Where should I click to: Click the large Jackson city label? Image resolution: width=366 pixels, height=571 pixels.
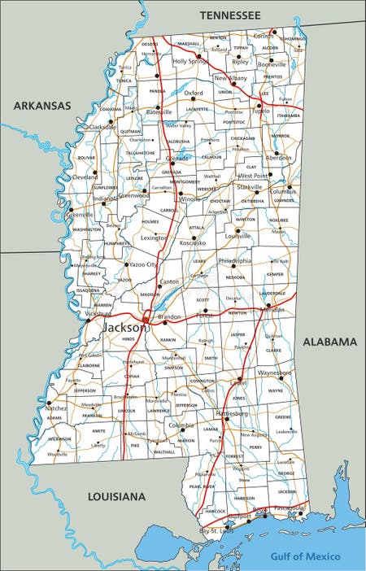point(125,327)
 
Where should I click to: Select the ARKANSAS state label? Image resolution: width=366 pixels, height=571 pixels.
point(41,106)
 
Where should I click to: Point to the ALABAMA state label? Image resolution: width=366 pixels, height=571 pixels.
point(329,342)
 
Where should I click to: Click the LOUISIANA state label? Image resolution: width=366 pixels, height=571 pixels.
point(116,496)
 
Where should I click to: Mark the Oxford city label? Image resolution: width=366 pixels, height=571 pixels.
point(194,94)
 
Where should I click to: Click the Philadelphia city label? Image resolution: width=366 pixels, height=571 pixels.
point(234,261)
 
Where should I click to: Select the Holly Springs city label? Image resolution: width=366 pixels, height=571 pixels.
point(190,61)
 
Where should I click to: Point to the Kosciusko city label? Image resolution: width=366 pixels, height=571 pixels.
point(193,242)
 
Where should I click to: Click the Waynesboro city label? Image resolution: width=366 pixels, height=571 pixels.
point(275,373)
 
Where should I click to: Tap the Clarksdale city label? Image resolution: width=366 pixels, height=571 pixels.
point(102,128)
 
